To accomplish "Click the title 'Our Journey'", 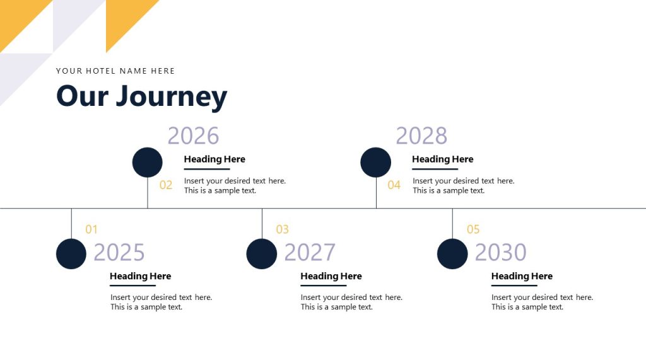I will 141,96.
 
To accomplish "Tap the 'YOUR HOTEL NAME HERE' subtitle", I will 115,71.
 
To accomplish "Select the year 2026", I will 193,136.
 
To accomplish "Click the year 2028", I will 421,136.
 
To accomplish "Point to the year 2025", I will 119,253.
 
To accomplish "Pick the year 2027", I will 310,253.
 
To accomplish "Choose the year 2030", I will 500,253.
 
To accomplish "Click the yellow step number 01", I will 91,229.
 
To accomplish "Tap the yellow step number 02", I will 166,185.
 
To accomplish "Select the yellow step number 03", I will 282,229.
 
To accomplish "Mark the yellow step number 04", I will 394,185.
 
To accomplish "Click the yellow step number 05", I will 473,229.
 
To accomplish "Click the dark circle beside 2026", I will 147,163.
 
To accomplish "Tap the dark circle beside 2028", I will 375,163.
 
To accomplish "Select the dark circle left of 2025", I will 71,254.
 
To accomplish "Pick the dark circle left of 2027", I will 261,254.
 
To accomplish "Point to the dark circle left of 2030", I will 452,254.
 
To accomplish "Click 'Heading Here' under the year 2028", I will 442,159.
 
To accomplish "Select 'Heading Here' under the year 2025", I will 140,276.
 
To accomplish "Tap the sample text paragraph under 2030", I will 542,302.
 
